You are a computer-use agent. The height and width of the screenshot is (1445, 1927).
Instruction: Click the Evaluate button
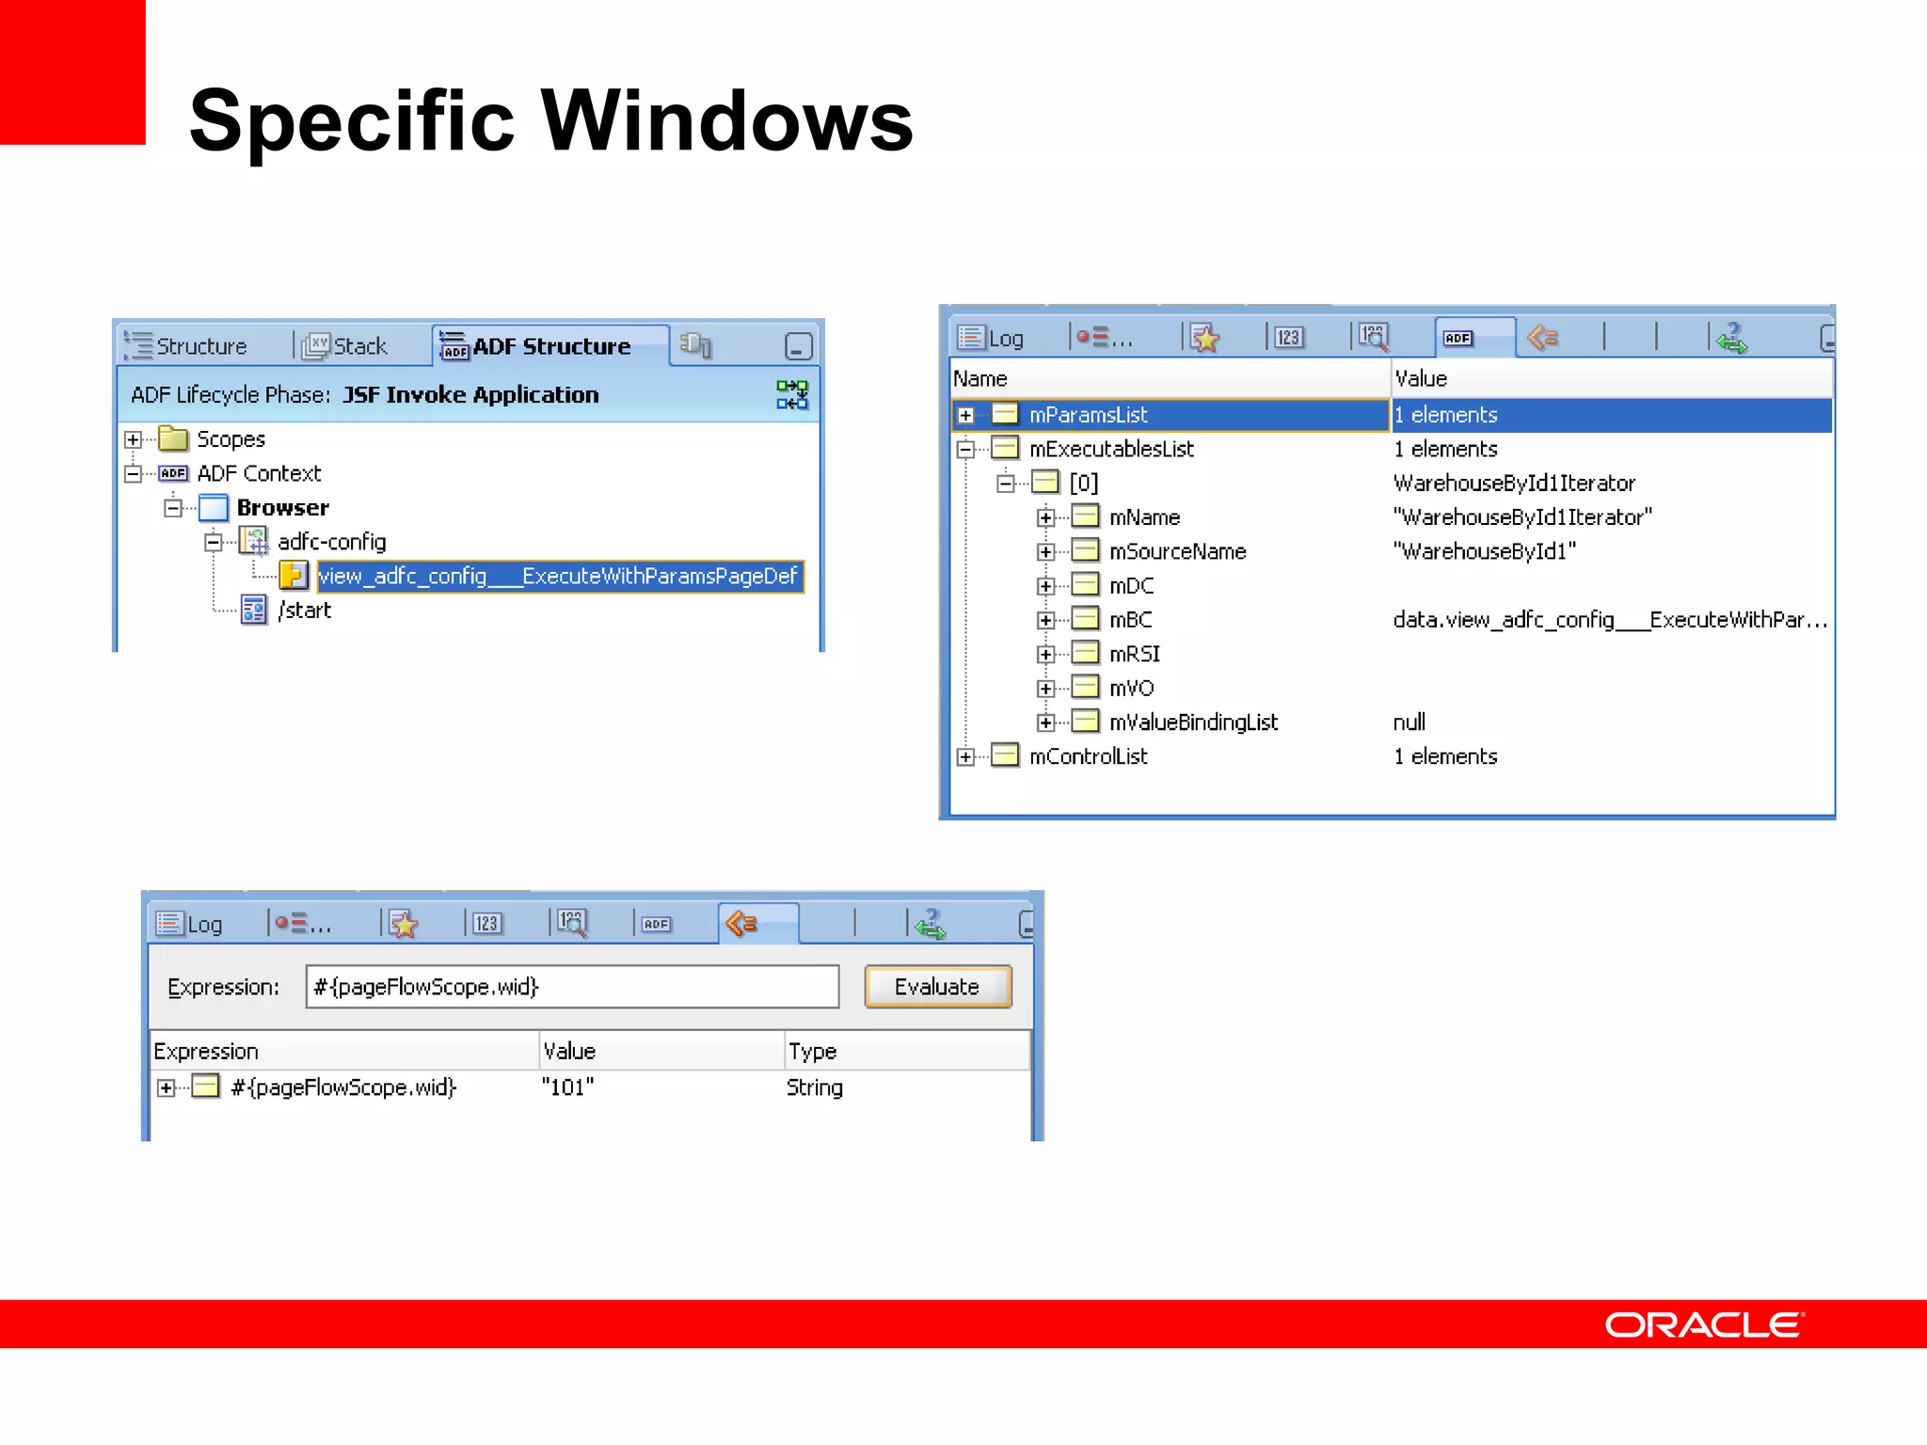[x=937, y=987]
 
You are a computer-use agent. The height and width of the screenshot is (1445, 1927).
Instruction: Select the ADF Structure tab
[x=550, y=347]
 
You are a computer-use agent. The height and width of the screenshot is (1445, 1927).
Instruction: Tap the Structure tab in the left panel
[x=200, y=347]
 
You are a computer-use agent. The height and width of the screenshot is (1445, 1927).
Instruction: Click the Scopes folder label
[x=231, y=439]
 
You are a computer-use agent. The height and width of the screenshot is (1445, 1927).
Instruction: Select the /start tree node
[x=304, y=611]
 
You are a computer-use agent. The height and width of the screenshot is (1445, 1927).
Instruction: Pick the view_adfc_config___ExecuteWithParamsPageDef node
[x=558, y=576]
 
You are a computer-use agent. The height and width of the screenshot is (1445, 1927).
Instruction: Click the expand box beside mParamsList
[x=965, y=415]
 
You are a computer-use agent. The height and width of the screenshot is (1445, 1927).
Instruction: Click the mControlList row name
[x=1088, y=756]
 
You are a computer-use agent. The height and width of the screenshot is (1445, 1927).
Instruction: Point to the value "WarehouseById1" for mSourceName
[x=1484, y=551]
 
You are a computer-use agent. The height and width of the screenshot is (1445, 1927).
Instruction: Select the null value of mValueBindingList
[x=1409, y=722]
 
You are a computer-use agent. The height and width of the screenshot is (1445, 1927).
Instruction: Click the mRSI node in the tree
[x=1134, y=654]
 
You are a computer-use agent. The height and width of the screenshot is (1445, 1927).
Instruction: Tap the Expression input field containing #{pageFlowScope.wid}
[x=571, y=987]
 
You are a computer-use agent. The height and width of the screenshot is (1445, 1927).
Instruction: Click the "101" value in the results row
[x=567, y=1088]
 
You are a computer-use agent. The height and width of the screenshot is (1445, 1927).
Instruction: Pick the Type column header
[x=812, y=1051]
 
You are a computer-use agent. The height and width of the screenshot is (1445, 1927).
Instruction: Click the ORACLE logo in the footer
[x=1704, y=1325]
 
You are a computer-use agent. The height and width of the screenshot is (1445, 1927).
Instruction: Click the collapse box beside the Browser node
[x=173, y=508]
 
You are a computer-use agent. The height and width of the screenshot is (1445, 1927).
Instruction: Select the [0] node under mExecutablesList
[x=1083, y=484]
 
